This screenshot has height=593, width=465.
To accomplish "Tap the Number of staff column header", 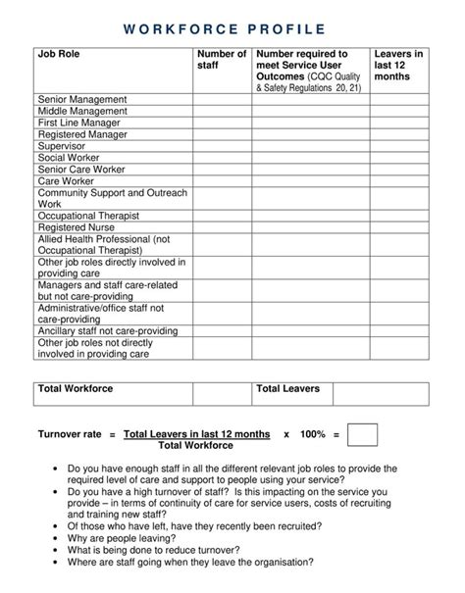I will click(221, 61).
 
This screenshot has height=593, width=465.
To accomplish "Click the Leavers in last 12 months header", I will click(398, 66).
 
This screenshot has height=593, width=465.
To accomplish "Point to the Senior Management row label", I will click(82, 99).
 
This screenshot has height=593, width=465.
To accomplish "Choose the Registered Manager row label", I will click(82, 134).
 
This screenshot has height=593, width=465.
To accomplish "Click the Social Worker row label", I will click(72, 158).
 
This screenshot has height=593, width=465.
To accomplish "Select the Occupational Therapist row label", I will click(88, 215).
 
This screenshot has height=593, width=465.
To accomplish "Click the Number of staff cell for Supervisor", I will click(222, 146).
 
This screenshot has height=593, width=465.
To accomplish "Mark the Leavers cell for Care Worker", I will click(398, 181).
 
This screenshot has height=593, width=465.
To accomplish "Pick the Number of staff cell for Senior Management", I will click(222, 99).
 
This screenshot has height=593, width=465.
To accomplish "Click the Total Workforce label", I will click(76, 389).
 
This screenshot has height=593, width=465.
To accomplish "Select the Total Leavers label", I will click(288, 389).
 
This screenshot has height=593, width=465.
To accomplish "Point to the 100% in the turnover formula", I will click(313, 433).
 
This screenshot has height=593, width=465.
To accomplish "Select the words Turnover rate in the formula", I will click(69, 433).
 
